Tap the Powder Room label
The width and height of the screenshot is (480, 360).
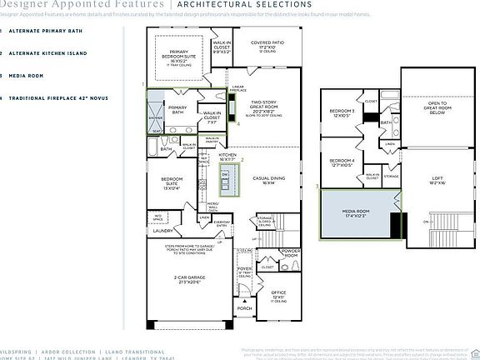(x=290, y=252)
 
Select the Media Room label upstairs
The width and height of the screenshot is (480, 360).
(x=356, y=212)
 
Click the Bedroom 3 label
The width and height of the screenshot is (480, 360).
(x=342, y=112)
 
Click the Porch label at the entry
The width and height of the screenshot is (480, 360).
(x=244, y=309)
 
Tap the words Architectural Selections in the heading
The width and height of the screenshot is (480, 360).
(x=222, y=3)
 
